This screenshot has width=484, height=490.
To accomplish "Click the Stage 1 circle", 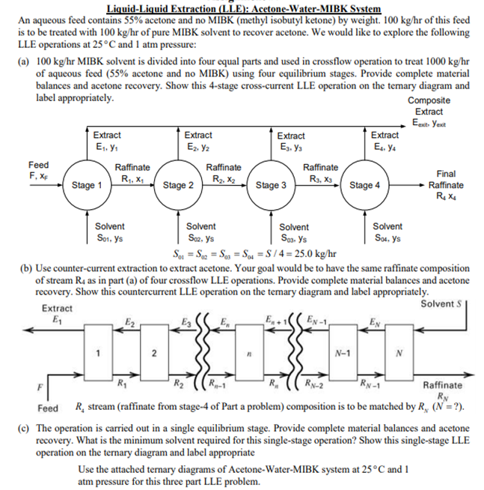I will (x=88, y=185).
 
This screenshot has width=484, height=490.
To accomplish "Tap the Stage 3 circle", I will (x=271, y=185).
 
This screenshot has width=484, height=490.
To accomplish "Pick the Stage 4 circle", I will (x=364, y=185).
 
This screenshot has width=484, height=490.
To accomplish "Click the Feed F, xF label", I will (x=39, y=170).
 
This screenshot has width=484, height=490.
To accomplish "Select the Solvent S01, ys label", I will (x=110, y=232).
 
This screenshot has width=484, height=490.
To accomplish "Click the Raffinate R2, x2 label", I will (x=223, y=173).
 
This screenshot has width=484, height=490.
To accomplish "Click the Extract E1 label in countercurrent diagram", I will (x=57, y=314).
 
